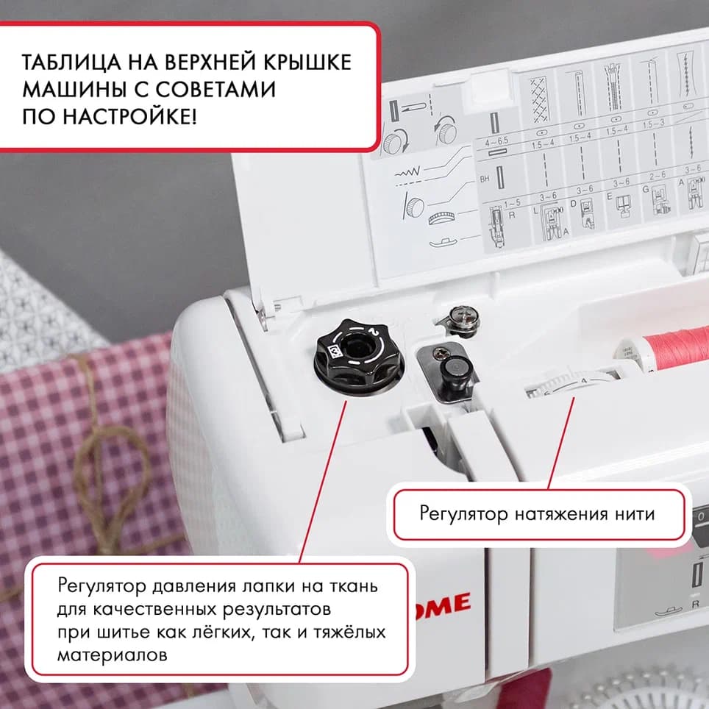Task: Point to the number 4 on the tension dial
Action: coord(583,380)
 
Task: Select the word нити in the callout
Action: coord(633,513)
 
